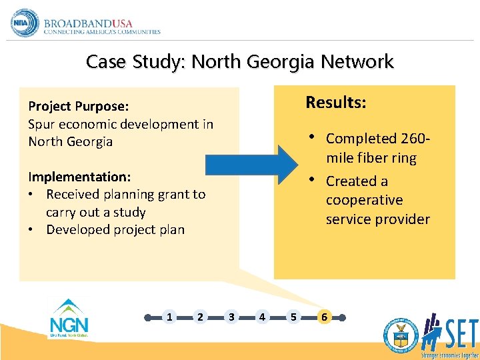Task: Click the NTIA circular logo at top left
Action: tap(25, 23)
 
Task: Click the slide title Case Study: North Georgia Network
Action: tap(240, 62)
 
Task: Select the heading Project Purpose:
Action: tap(78, 107)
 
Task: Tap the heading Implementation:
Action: tap(79, 177)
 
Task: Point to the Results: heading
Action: tap(335, 103)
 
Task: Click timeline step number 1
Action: tap(169, 317)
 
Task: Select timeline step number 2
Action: tap(200, 317)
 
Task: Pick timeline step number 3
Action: tap(231, 317)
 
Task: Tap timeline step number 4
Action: tap(262, 317)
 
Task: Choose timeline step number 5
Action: tap(293, 317)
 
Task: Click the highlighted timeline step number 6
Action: tap(324, 317)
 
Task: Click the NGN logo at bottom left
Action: tap(69, 319)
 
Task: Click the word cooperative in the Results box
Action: tap(364, 200)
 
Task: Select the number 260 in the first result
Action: tap(412, 139)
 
